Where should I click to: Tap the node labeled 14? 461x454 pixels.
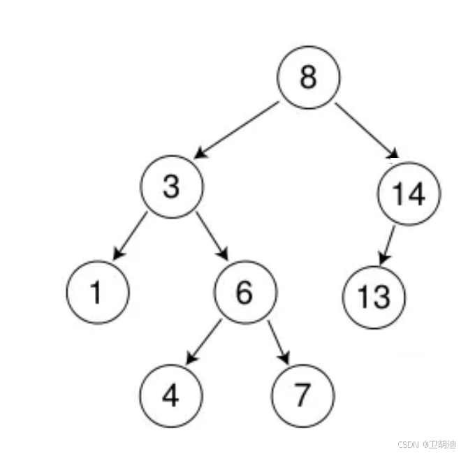409,193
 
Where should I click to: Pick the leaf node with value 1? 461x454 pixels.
98,293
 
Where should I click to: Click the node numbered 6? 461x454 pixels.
244,292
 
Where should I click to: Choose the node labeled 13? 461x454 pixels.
374,297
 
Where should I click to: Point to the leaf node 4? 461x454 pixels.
170,395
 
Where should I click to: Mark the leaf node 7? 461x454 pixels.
302,395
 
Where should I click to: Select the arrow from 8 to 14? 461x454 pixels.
366,131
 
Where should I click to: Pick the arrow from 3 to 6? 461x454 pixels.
212,235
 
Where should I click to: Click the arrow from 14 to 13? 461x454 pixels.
388,245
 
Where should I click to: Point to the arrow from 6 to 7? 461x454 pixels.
278,342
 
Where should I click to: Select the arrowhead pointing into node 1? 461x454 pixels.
117,255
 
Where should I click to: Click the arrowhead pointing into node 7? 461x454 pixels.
285,359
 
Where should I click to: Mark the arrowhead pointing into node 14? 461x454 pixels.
393,155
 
